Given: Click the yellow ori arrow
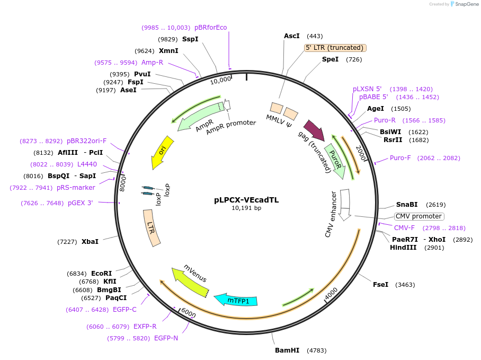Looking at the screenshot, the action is pos(162,152).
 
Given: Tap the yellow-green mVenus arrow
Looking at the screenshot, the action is pos(190,282).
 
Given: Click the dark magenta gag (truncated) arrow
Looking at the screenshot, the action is pos(315,130).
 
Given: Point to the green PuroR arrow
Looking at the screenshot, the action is pos(335,161).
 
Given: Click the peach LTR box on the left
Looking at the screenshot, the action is pos(152,228).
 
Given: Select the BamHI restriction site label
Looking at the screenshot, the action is pos(287,350).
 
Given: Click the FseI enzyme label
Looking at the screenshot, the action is pos(381,285).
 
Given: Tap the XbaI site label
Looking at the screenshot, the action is pos(90,242).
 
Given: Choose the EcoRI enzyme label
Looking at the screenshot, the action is pos(102,273).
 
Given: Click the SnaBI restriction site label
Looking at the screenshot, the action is pos(407,205).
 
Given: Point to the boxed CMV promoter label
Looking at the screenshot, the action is pos(419,216).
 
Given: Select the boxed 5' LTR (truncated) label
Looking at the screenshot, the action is pos(335,48).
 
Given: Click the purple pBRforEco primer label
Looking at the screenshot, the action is pos(211,28).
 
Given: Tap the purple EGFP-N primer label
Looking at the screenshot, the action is pos(166,338).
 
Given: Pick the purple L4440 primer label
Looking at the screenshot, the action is pos(87,164).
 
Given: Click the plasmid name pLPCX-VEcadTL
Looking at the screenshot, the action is pos(246,200).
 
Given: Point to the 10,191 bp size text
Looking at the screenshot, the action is pos(246,208).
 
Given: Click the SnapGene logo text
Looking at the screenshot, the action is pos(467,4).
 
